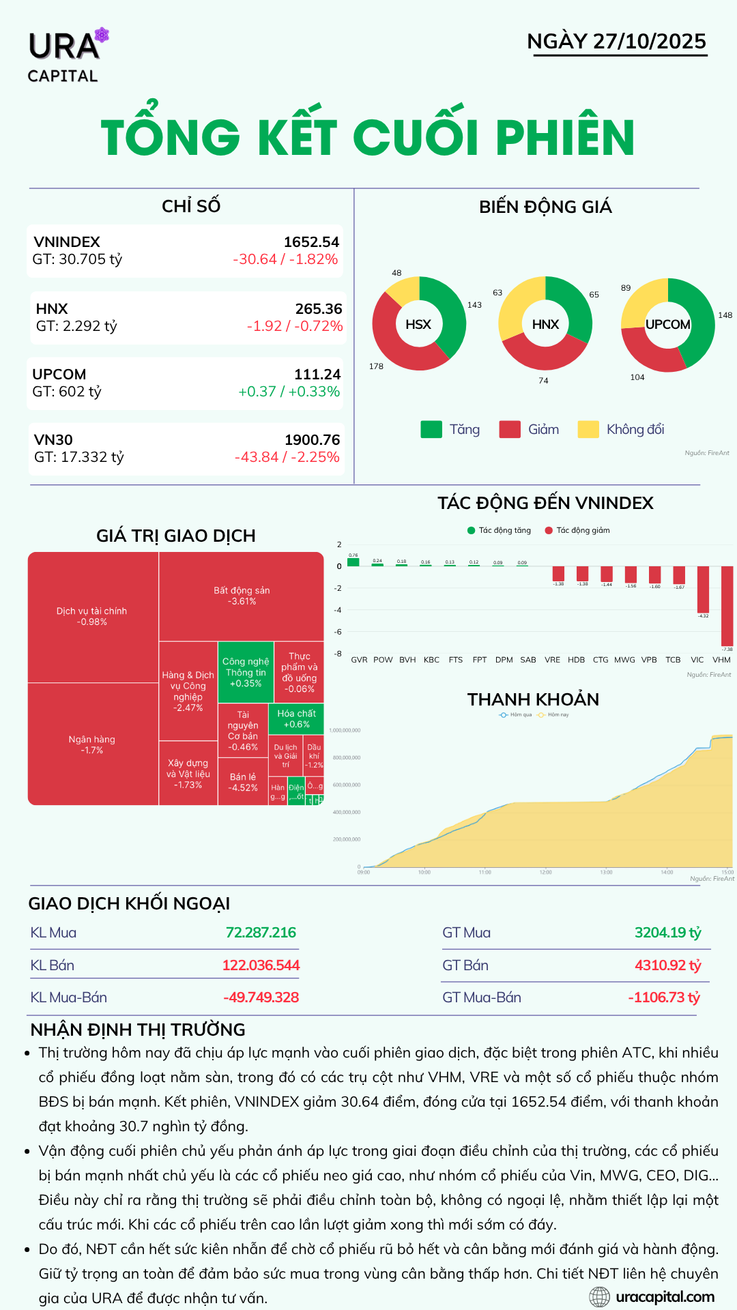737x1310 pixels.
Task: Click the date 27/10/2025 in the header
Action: tap(649, 41)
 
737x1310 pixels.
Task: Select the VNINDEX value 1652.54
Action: tap(311, 242)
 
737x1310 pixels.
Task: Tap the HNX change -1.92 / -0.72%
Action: tap(295, 326)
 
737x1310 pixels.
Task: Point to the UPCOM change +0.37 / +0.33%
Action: tap(289, 392)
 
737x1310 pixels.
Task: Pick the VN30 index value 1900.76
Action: tap(312, 440)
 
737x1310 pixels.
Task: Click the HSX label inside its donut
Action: tap(418, 324)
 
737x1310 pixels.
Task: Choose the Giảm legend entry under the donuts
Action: tap(530, 429)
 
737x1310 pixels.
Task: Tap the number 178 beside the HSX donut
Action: tap(376, 366)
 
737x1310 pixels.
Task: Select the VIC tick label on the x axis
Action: tap(697, 660)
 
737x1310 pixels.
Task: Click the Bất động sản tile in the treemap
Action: tap(242, 596)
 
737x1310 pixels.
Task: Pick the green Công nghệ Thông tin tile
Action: tap(246, 672)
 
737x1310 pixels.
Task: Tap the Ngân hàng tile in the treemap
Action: tap(92, 744)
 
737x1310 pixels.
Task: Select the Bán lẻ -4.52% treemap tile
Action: tap(243, 782)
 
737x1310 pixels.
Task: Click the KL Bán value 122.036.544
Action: tap(261, 965)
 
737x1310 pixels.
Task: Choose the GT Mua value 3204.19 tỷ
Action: tap(667, 933)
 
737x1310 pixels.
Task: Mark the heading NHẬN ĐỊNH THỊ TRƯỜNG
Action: tap(138, 1030)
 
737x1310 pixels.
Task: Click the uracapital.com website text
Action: tap(665, 1297)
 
